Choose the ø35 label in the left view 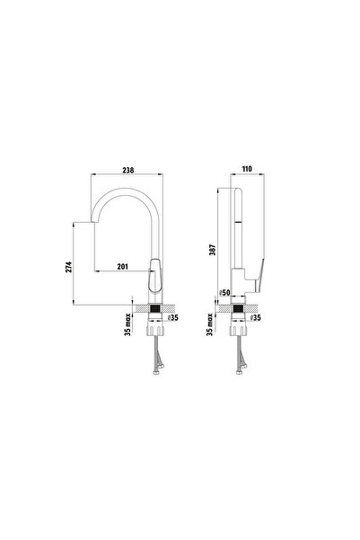click(175, 317)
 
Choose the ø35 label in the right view click(256, 317)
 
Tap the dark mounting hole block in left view click(157, 312)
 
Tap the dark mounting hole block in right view click(239, 312)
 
